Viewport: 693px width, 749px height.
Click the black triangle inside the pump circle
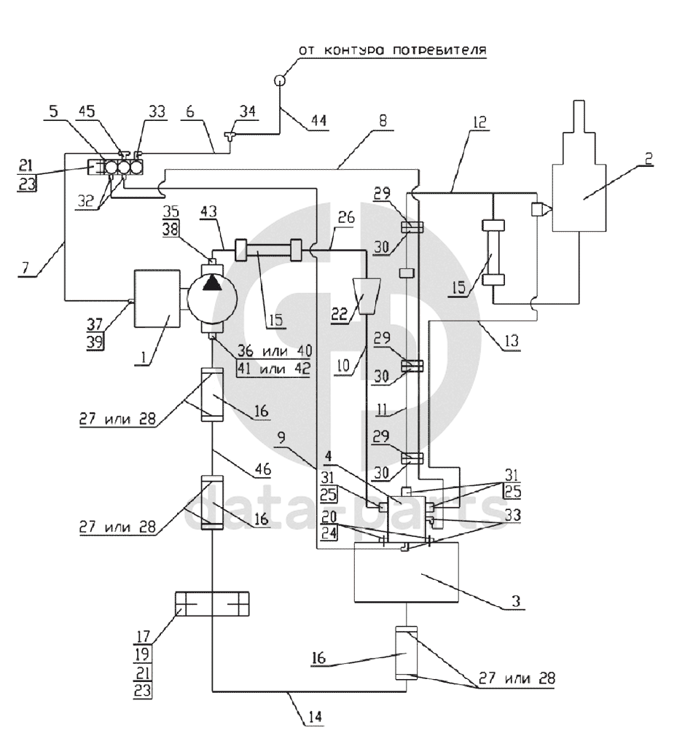click(x=211, y=283)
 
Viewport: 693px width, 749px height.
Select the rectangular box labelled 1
click(x=157, y=299)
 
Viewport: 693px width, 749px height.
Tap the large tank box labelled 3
click(x=407, y=572)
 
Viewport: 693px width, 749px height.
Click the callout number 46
click(x=262, y=469)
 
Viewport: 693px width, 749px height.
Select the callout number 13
click(x=511, y=341)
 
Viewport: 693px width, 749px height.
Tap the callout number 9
click(x=282, y=438)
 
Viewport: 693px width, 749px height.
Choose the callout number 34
click(x=248, y=111)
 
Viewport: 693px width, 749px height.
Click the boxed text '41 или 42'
click(x=274, y=369)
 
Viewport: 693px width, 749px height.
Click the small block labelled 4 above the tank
click(x=407, y=519)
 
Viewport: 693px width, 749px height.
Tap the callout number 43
click(x=208, y=211)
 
